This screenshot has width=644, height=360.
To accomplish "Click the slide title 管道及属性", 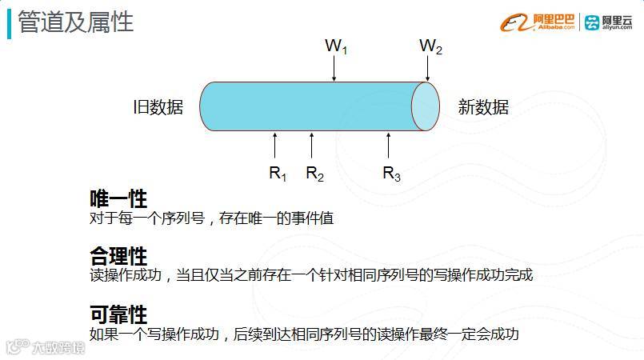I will pyautogui.click(x=76, y=22).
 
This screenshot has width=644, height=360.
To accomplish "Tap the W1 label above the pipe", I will pyautogui.click(x=336, y=46).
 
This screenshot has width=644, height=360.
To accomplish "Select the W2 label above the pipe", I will pyautogui.click(x=430, y=46).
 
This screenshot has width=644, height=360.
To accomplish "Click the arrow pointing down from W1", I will pyautogui.click(x=334, y=69).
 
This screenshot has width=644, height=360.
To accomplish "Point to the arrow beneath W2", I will pyautogui.click(x=429, y=69).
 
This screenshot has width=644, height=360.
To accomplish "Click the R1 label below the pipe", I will pyautogui.click(x=277, y=173).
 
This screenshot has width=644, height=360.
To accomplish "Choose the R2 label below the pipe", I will pyautogui.click(x=314, y=173).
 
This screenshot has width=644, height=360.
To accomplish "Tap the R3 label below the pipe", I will pyautogui.click(x=390, y=173).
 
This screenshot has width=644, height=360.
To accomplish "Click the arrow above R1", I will pyautogui.click(x=274, y=146).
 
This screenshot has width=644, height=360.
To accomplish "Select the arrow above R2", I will pyautogui.click(x=312, y=146).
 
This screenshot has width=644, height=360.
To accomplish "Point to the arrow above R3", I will pyautogui.click(x=388, y=146).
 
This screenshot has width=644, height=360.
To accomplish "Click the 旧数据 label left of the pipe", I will pyautogui.click(x=158, y=107).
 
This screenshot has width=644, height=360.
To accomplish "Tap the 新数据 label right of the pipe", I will pyautogui.click(x=483, y=107).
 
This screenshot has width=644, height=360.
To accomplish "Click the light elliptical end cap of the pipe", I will pyautogui.click(x=426, y=106).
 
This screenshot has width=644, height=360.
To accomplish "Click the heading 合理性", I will pyautogui.click(x=118, y=257).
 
